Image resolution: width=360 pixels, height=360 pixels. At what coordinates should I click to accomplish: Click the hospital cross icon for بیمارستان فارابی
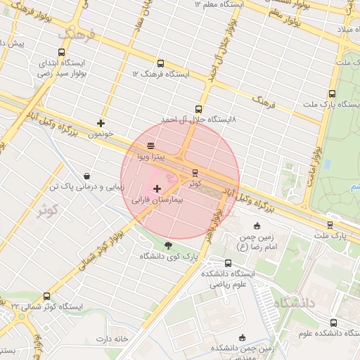point(156,188)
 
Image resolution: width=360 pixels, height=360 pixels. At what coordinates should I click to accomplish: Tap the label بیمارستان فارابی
point(156,200)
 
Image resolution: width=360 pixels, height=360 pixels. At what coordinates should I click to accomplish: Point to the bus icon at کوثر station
point(195,172)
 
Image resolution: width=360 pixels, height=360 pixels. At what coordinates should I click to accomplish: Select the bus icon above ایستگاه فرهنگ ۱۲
point(160,63)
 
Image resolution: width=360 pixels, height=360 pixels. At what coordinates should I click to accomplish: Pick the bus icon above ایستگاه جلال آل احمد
point(198,109)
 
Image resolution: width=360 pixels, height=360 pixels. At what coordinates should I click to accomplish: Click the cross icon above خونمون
point(101,123)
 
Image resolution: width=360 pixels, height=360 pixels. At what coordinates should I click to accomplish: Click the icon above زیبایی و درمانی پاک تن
point(86,176)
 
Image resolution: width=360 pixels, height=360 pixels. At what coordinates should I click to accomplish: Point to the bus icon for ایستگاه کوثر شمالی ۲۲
point(47,296)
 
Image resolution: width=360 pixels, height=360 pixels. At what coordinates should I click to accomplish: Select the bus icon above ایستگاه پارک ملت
point(332,94)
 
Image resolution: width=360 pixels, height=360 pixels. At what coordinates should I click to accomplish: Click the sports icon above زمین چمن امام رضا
point(257,226)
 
